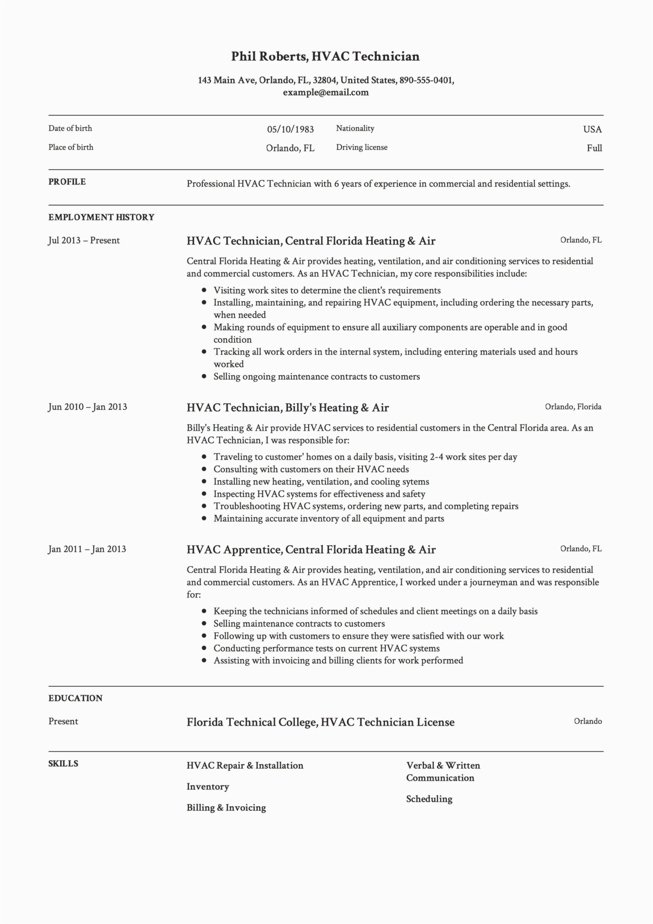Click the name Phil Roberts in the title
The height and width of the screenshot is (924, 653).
click(269, 56)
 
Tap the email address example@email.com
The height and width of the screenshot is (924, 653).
click(326, 92)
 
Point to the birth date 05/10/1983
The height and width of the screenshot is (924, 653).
click(290, 129)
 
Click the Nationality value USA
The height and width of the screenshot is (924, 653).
click(592, 129)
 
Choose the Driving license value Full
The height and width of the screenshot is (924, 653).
click(594, 148)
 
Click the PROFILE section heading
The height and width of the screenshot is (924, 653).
click(67, 182)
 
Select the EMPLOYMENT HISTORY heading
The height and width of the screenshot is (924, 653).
click(101, 217)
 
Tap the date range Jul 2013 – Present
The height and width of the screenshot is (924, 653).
click(84, 241)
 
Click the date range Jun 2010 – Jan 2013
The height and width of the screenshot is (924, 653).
click(87, 407)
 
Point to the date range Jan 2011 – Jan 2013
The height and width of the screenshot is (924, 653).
click(87, 549)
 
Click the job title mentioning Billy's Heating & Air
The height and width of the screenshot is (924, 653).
click(287, 407)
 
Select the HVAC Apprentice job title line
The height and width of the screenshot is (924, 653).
click(311, 550)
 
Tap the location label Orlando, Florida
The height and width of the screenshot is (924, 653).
click(573, 406)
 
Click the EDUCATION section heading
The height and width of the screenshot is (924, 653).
click(75, 698)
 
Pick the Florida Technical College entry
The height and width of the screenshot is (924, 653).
click(320, 722)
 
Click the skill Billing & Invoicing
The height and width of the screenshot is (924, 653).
click(226, 808)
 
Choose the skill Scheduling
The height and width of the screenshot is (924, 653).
click(429, 799)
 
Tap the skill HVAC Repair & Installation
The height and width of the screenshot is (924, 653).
click(245, 766)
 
